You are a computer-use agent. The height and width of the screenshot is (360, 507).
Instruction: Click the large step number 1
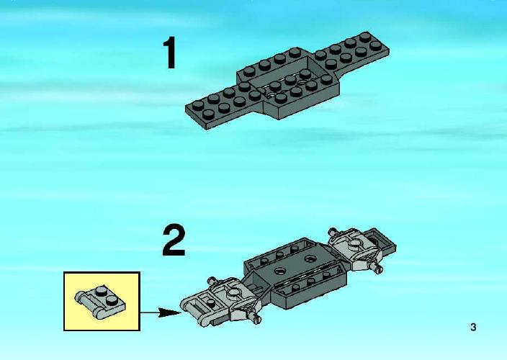(x=171, y=53)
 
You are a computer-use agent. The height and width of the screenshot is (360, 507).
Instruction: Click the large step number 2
(x=174, y=240)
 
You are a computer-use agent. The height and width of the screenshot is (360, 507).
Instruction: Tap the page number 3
(x=473, y=328)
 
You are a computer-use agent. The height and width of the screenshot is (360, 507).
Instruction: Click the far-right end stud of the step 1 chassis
(x=375, y=45)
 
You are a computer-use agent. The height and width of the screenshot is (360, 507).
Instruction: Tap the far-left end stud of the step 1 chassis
(x=198, y=105)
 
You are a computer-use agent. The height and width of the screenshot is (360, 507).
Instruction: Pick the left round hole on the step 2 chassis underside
(x=280, y=270)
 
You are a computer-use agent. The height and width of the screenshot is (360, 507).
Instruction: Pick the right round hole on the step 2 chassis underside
(x=310, y=258)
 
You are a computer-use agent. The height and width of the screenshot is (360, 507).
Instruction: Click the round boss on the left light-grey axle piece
(x=234, y=292)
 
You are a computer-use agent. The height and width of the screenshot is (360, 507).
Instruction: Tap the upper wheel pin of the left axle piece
(x=212, y=281)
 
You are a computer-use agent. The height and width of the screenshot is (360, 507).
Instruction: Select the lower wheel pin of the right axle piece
(x=377, y=268)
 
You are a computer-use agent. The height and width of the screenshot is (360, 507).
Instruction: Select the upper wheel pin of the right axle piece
(x=333, y=231)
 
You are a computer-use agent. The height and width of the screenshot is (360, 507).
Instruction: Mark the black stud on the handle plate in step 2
(x=211, y=303)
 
